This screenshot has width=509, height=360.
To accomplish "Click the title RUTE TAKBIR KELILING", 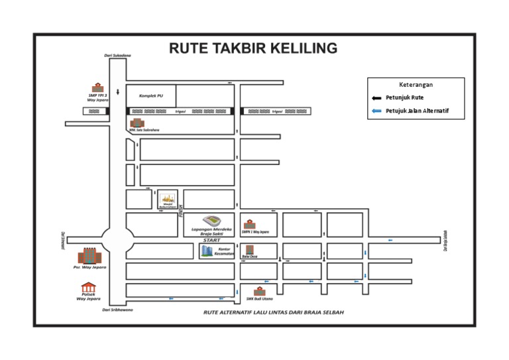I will click(x=253, y=48).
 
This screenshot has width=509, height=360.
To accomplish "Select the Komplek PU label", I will click(x=151, y=95).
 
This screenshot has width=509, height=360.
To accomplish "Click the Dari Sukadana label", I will click(x=117, y=56).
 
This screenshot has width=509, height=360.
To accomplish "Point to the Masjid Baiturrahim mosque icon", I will click(x=168, y=198).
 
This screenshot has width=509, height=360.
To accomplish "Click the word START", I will click(x=212, y=240).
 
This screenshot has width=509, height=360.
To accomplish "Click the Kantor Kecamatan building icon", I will click(x=206, y=251).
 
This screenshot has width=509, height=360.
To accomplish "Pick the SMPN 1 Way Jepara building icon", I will click(x=249, y=224).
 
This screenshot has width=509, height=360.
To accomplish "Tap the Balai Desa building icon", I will click(x=250, y=249).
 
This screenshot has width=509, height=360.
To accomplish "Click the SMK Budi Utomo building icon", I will click(x=259, y=291).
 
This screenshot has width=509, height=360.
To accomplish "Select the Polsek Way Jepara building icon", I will click(x=88, y=287).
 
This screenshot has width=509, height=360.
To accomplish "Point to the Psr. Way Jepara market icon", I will click(x=88, y=256).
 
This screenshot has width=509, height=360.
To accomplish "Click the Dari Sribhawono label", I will click(x=117, y=310).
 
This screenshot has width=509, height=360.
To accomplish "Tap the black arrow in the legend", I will click(x=377, y=97).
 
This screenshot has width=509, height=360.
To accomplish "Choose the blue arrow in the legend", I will click(x=377, y=111).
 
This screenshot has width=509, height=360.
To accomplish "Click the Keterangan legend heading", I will click(x=416, y=85).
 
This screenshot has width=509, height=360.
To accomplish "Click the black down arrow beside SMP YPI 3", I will click(x=118, y=92).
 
